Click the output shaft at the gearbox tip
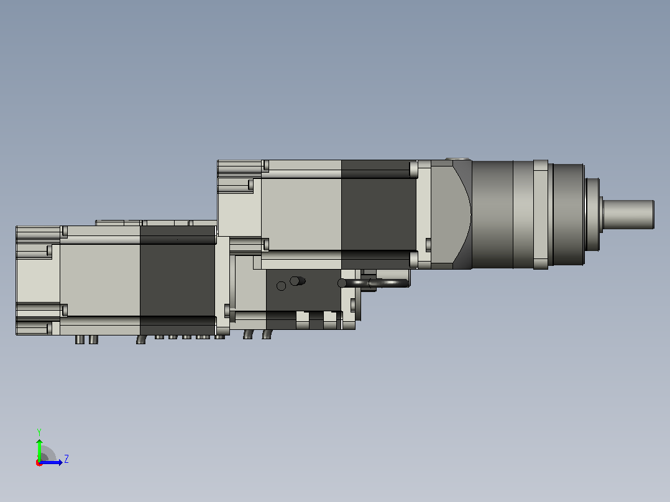[x=628, y=214]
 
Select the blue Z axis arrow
[x=51, y=462]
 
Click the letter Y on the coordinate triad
[x=39, y=432]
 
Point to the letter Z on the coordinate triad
[x=67, y=459]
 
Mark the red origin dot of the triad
[x=39, y=463]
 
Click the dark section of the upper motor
[x=379, y=214]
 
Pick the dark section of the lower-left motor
[x=178, y=280]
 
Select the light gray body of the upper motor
[x=301, y=214]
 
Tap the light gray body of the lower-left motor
[x=100, y=280]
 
